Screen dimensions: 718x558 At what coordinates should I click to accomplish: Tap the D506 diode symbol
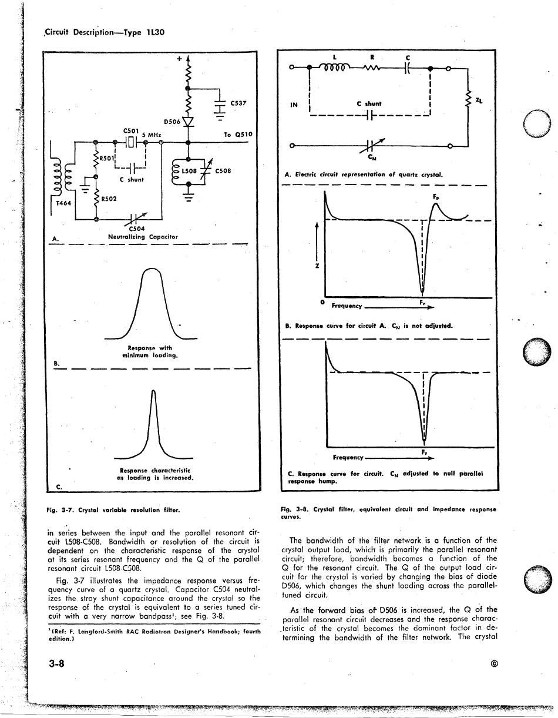188,122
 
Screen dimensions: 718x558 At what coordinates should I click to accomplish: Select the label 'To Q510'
238,135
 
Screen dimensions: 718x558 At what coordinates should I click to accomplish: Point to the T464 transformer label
63,203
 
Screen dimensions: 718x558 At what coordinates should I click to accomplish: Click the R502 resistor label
107,199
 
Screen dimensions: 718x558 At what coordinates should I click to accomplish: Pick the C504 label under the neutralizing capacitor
136,229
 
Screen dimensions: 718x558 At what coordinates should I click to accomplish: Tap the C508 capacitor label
223,171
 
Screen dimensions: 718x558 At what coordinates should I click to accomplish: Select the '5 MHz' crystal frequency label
152,135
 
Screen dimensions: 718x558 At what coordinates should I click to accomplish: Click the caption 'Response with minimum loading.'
150,351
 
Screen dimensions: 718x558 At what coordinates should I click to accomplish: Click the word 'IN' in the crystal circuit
294,106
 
